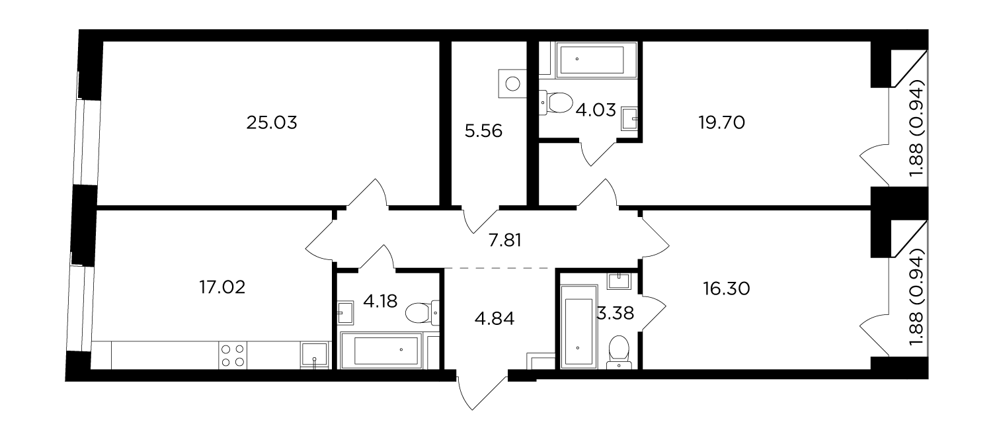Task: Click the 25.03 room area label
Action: tap(272, 122)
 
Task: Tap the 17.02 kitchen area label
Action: tap(222, 287)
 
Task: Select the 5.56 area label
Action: tap(483, 131)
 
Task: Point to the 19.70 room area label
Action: tap(721, 122)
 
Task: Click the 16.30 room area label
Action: tap(727, 288)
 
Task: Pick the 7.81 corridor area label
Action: tap(505, 241)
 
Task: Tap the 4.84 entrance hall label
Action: tap(495, 319)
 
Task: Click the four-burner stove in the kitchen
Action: tap(233, 356)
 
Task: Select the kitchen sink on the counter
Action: tap(315, 356)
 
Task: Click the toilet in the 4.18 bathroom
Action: tap(422, 312)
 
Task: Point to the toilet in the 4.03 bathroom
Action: tap(555, 102)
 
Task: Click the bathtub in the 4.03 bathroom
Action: tap(592, 60)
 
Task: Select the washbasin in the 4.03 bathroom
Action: tap(629, 118)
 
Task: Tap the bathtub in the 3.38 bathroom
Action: tap(579, 327)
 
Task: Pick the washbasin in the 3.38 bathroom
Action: tap(618, 281)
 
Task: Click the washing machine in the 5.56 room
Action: tap(513, 83)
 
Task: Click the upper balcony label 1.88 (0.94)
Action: tap(917, 128)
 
